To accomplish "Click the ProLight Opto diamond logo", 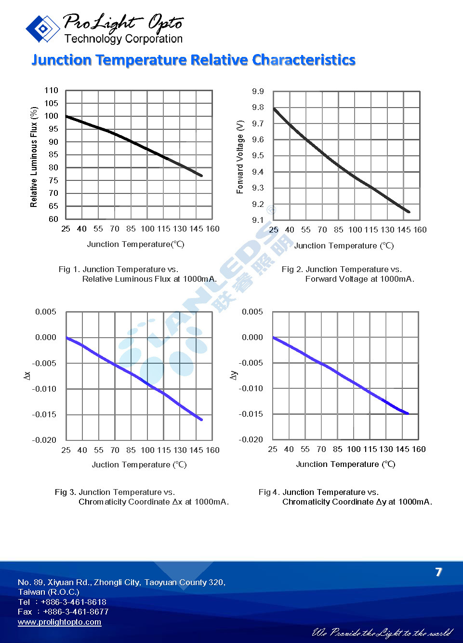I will tap(42, 28).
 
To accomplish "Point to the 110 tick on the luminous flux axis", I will tap(51, 90).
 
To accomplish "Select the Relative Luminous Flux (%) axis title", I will tap(34, 157).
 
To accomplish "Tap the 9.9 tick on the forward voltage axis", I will tap(258, 91).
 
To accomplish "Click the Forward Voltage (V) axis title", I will tap(240, 157).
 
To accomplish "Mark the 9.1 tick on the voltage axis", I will tap(258, 220).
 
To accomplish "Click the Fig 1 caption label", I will tap(70, 269).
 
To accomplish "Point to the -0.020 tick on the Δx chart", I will tap(44, 440).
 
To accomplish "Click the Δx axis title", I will tap(27, 375).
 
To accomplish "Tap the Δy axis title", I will tap(234, 375).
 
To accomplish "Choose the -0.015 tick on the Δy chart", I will tap(251, 414).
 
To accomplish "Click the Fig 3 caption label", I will tap(66, 492).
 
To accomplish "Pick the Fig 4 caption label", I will tap(270, 492).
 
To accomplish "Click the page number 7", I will tap(438, 572).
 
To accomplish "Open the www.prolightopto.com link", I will tap(59, 622).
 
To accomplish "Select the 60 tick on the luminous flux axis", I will tap(53, 219).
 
